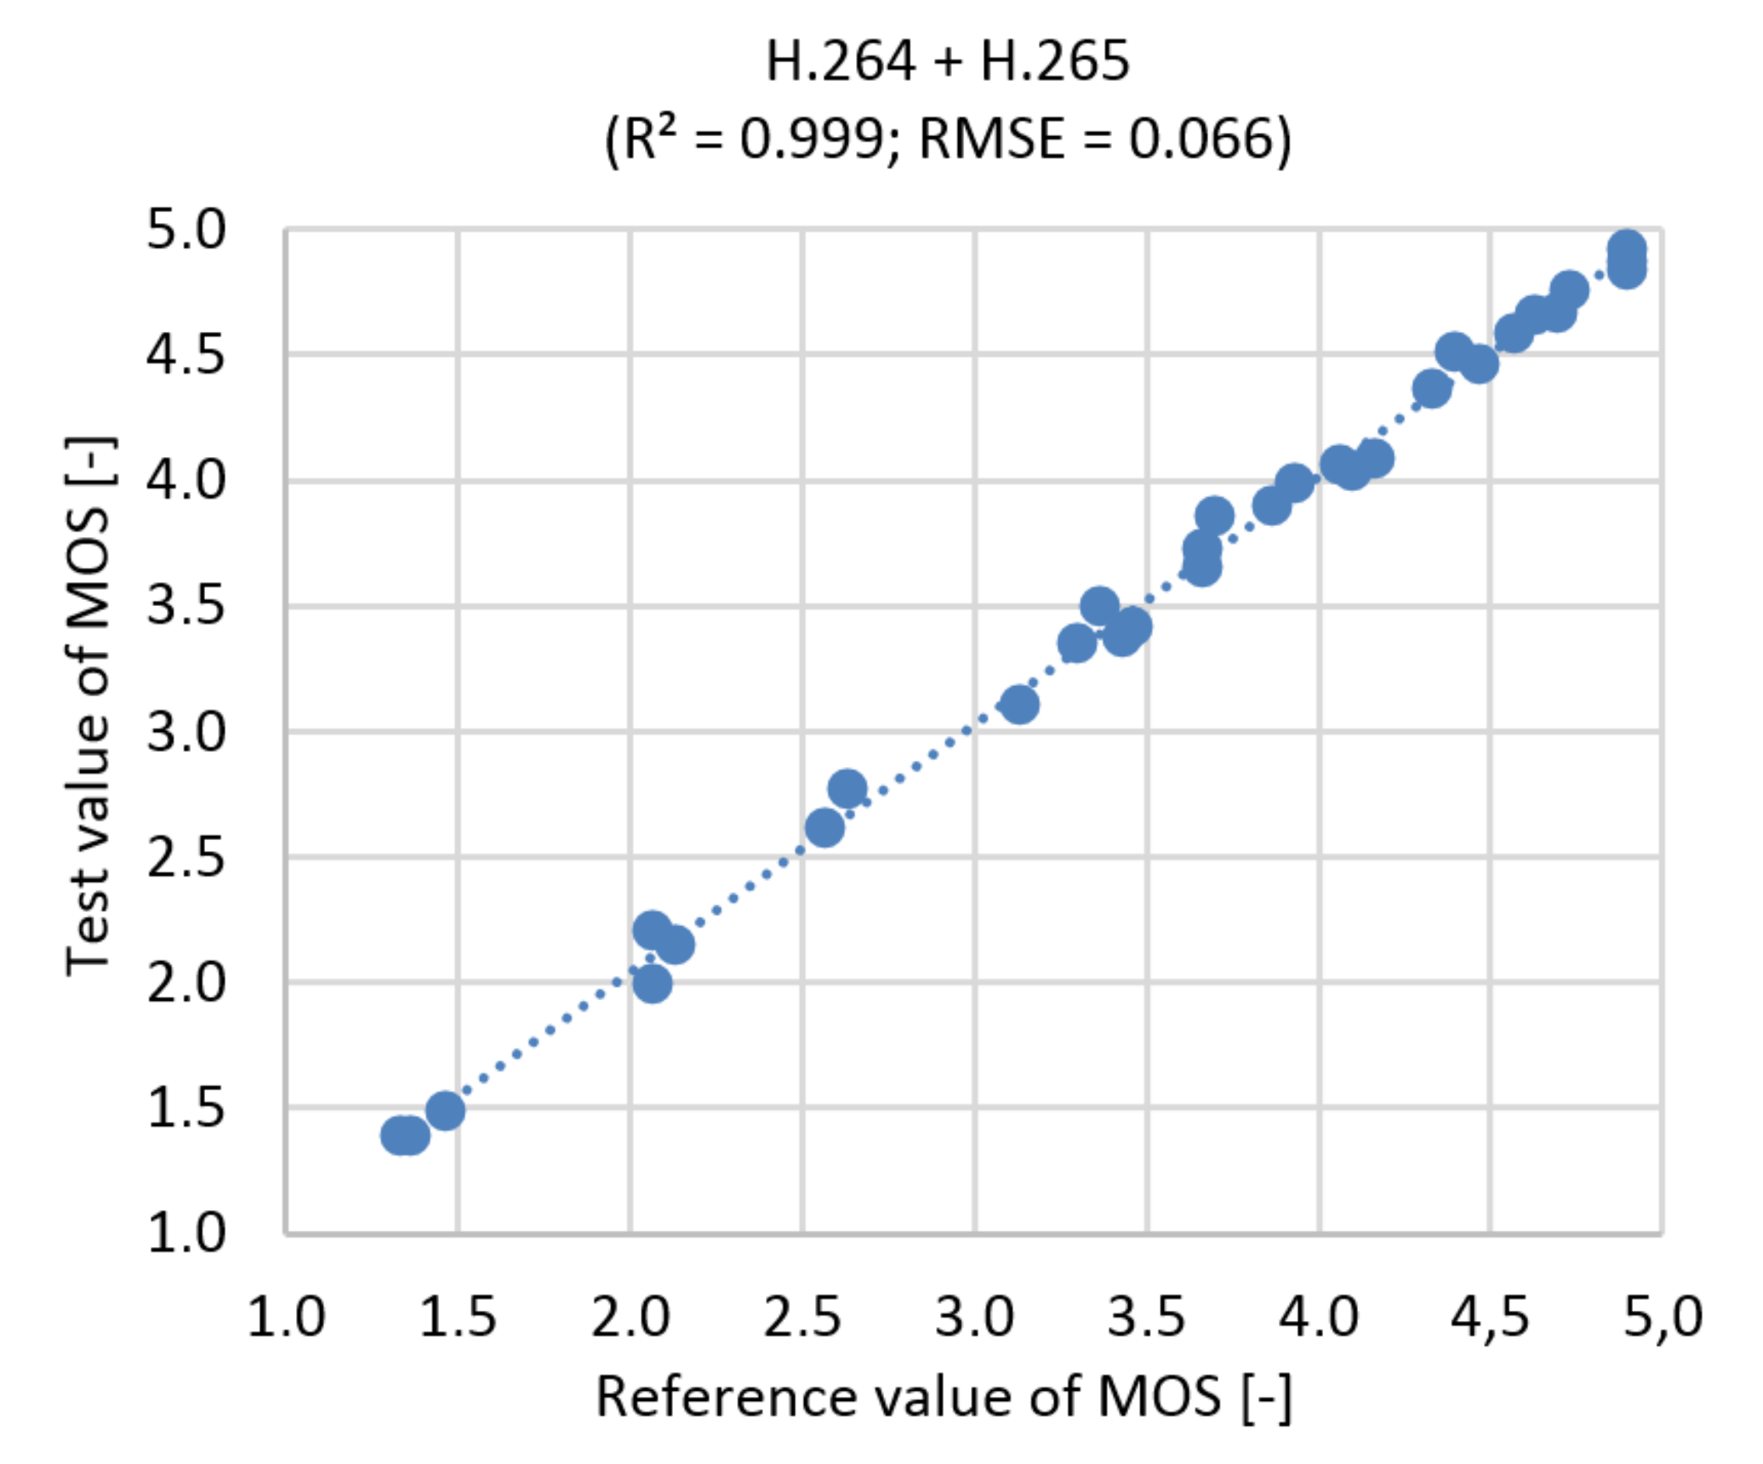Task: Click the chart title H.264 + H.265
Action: [x=947, y=61]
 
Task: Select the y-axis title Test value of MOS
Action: [x=88, y=706]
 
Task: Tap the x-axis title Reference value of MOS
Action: [x=944, y=1397]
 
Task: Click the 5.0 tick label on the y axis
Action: [x=186, y=230]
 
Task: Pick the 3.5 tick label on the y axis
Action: [x=186, y=607]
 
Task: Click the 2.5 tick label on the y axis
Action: [x=186, y=857]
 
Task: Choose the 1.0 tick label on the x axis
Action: [x=286, y=1317]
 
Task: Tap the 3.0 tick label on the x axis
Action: [x=974, y=1317]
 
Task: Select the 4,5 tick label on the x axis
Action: [x=1490, y=1317]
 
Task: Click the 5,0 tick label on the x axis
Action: [x=1663, y=1317]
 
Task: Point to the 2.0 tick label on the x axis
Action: [x=630, y=1317]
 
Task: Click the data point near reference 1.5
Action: [x=445, y=1110]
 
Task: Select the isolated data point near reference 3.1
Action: [x=1019, y=705]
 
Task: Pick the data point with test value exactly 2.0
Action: [x=653, y=984]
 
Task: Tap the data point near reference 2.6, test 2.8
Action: [x=847, y=789]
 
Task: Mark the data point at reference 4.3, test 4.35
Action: [x=1432, y=389]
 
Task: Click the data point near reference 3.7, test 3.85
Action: [x=1214, y=515]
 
